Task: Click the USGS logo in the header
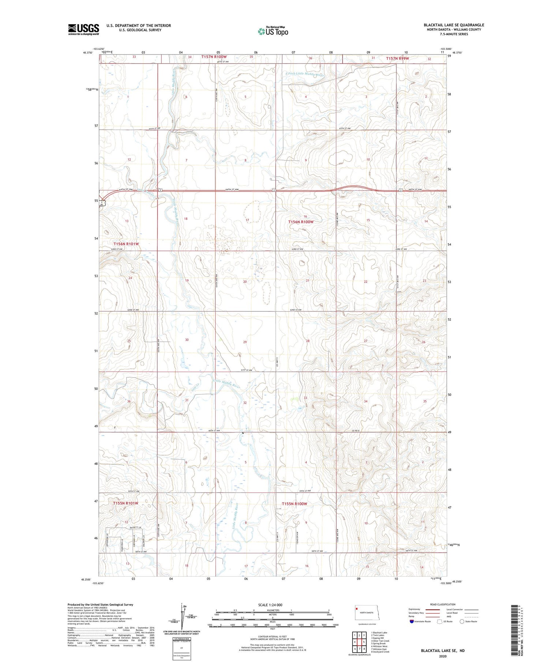(83, 29)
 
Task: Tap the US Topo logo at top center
(273, 31)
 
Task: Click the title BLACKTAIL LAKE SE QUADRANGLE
(454, 25)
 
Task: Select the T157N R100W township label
(214, 57)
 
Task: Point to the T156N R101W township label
(126, 244)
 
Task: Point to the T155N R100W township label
(294, 504)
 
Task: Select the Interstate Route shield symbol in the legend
(411, 622)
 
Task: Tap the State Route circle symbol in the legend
(462, 622)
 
